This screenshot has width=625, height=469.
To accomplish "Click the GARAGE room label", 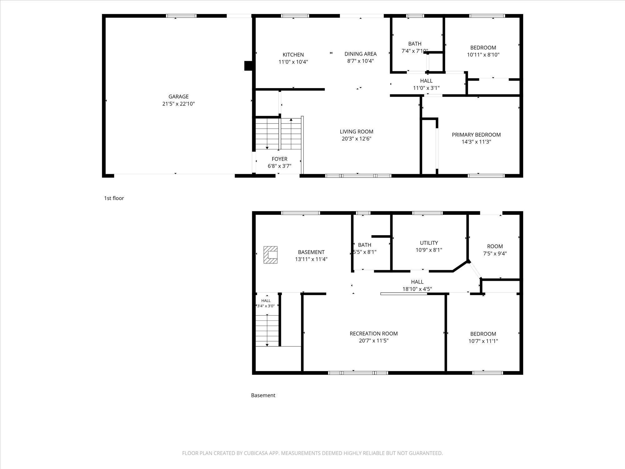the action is tap(178, 97).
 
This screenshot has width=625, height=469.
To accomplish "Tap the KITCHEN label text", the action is tap(293, 55).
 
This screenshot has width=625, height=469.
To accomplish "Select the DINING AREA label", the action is tap(361, 54).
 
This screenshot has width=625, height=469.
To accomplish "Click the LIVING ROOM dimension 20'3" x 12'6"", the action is tap(357, 139).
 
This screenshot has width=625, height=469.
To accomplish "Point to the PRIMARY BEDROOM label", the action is tap(476, 135).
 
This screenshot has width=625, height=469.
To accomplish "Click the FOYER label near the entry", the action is tap(279, 159).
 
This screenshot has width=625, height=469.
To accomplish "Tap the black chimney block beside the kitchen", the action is tap(248, 66).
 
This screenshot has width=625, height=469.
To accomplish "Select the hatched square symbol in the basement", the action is tap(270, 255).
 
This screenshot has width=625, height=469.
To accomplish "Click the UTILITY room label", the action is tap(429, 243).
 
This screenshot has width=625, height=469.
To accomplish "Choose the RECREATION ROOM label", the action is tap(374, 334).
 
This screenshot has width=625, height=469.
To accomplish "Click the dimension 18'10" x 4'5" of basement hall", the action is tap(417, 289).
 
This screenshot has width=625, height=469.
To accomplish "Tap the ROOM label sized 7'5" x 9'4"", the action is tap(495, 246).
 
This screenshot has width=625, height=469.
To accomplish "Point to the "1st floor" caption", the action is tap(114, 198).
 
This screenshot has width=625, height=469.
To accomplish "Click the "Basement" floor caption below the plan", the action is tap(263, 395).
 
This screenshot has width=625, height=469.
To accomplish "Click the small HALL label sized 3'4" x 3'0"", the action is tap(266, 301).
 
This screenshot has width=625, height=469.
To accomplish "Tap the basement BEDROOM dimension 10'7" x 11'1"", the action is tap(483, 341).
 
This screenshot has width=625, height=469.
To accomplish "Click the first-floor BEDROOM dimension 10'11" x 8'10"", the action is tap(483, 55).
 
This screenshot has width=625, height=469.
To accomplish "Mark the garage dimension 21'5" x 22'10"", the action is tap(178, 104).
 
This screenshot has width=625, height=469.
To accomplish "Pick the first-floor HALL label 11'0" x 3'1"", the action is tap(426, 81).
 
